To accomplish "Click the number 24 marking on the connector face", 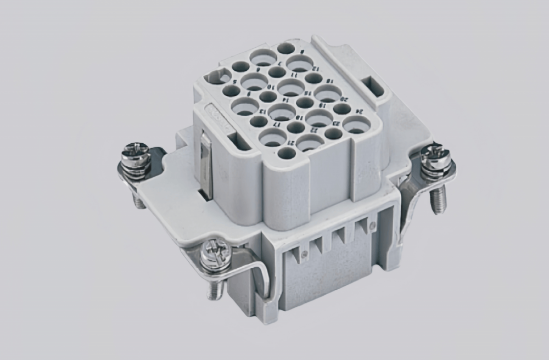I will [x=357, y=112].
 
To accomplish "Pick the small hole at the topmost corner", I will [x=285, y=48].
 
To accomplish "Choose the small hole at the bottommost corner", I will [x=285, y=153].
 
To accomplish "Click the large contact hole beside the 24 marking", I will [x=356, y=125].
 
